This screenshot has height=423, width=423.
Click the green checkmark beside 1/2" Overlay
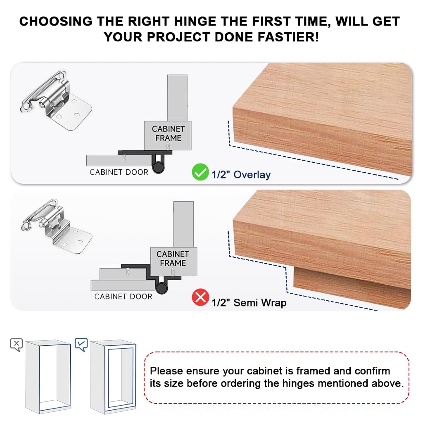(200, 172)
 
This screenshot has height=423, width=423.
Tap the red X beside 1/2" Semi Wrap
(200, 297)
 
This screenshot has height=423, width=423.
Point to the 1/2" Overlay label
(241, 175)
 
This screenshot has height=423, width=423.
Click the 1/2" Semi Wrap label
(249, 303)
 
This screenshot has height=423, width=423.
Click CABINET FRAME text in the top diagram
(168, 133)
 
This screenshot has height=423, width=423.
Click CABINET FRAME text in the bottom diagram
(173, 259)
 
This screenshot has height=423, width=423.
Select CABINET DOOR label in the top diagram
(119, 172)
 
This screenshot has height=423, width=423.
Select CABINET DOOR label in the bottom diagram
(123, 297)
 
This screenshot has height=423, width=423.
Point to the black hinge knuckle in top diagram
(158, 167)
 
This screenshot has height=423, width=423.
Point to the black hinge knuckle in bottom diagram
(162, 290)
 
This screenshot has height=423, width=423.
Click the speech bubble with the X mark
(16, 344)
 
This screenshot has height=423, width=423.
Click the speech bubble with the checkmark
(81, 344)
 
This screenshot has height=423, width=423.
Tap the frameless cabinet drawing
(48, 376)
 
